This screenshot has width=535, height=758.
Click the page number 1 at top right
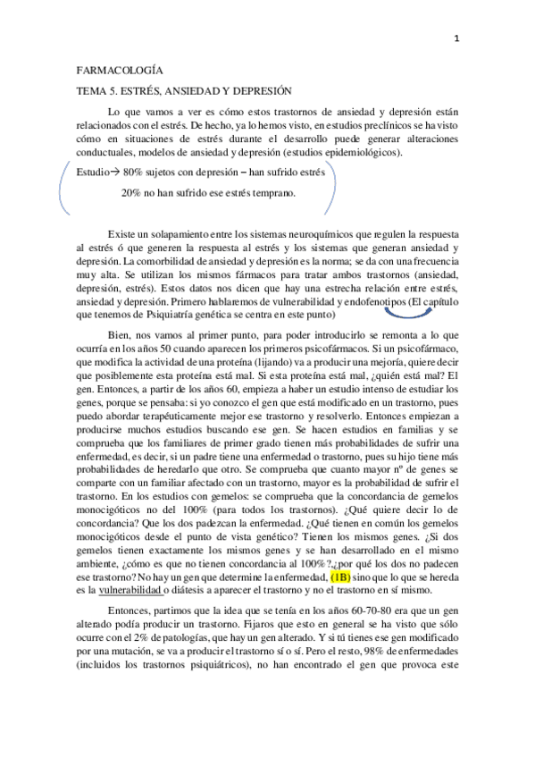point(457,38)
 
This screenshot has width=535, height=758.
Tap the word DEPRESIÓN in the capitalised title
point(269,90)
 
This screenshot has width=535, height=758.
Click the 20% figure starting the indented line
point(130,192)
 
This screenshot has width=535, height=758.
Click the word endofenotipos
point(363,301)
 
